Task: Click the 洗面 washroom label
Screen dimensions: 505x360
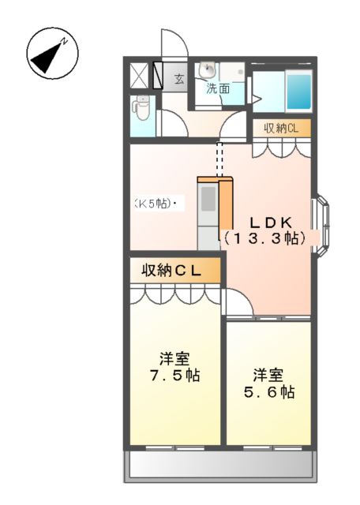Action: [x=219, y=88]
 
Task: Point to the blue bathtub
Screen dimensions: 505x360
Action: [x=298, y=92]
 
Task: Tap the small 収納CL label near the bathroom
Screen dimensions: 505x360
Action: [x=281, y=128]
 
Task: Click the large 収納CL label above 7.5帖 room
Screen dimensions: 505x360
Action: [x=171, y=271]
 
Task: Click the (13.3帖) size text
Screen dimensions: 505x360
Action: [x=264, y=237]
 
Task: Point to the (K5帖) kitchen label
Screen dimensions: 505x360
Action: [x=154, y=204]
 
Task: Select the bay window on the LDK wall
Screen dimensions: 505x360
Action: [x=324, y=224]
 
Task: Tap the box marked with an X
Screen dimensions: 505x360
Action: [x=138, y=75]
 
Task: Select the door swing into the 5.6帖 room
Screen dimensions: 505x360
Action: [x=239, y=303]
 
